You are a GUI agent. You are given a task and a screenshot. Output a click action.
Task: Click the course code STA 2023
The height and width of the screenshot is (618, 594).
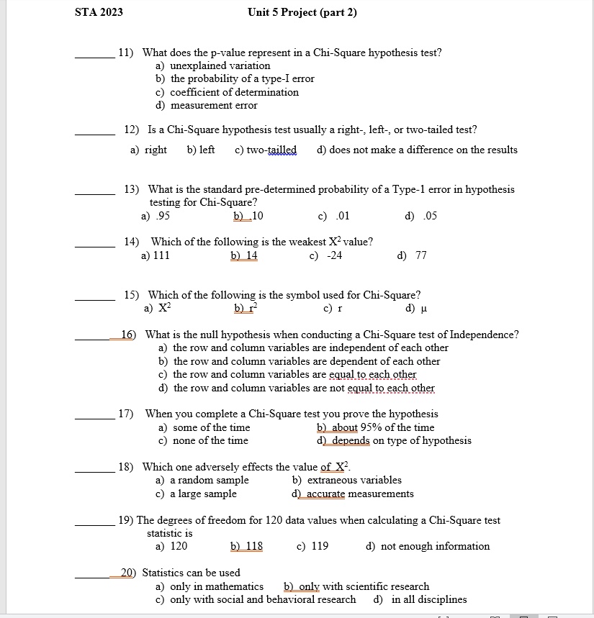point(99,12)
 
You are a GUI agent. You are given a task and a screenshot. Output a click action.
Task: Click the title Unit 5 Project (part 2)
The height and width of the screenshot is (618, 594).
point(302,12)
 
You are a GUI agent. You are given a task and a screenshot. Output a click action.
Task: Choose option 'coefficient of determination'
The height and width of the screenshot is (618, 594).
point(234,92)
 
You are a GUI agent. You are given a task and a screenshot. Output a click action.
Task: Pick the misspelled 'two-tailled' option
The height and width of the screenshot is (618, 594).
point(266,150)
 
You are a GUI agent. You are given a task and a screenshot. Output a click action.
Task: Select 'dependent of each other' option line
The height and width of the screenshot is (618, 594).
point(306,361)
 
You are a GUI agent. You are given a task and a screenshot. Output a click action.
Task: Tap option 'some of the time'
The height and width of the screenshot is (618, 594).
point(212,427)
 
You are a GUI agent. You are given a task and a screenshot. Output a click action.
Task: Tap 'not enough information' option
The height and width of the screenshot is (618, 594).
point(435,546)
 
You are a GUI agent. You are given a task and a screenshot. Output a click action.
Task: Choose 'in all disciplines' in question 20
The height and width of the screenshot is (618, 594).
point(429,599)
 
